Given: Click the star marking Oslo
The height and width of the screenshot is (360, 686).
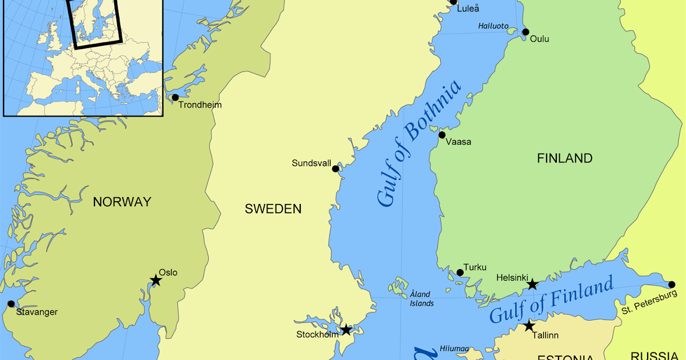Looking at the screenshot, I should tap(155, 280).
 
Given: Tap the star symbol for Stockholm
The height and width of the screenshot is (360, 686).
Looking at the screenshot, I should tap(346, 330).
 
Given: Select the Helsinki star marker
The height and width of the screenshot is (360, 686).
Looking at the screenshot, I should tap(532, 284).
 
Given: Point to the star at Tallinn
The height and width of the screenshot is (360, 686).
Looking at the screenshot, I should tap(529, 326).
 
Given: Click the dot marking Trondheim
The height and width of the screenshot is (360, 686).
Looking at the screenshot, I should tap(175, 98).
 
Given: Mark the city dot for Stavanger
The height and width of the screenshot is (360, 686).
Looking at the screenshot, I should tap(10, 304).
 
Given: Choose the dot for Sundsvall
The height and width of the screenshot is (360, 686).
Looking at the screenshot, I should tap(336, 169).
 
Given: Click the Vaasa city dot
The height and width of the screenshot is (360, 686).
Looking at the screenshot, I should tap(442, 135).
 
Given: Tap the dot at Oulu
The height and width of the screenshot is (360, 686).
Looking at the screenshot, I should tap(525, 32).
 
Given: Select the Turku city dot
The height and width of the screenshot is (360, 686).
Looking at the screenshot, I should tap(460, 273).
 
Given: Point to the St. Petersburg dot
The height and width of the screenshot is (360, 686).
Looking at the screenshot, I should tap(671, 285).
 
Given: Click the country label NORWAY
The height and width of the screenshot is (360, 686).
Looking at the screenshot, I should tap(122, 202).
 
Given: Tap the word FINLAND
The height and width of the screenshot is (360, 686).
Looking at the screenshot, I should tap(564, 158).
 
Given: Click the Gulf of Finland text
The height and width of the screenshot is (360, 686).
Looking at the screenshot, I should tap(551, 299).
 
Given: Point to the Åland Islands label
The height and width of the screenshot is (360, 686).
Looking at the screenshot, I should tap(421, 299).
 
